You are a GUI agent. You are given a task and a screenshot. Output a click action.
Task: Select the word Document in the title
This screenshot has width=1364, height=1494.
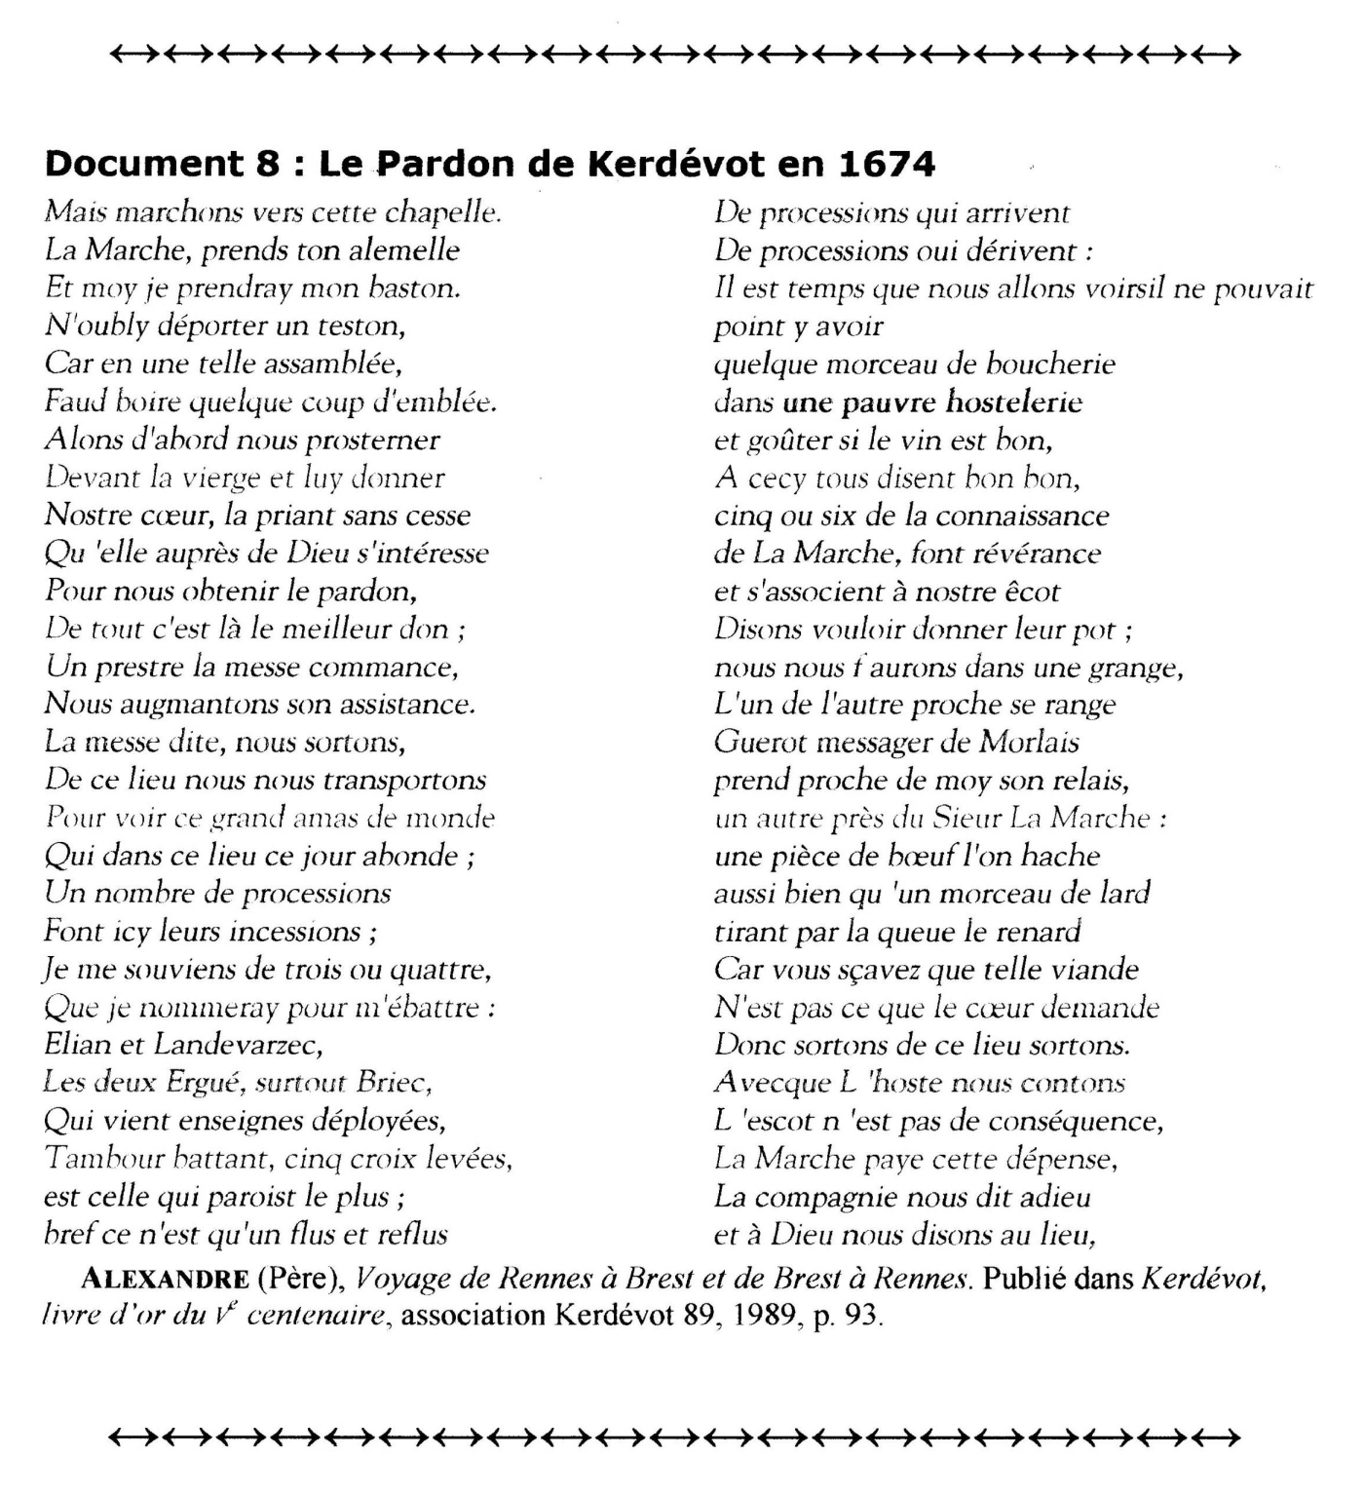(x=142, y=164)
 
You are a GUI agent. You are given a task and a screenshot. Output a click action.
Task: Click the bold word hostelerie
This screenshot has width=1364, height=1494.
(x=1014, y=402)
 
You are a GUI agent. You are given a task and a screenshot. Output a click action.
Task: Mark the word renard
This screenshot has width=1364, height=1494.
(x=1036, y=932)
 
